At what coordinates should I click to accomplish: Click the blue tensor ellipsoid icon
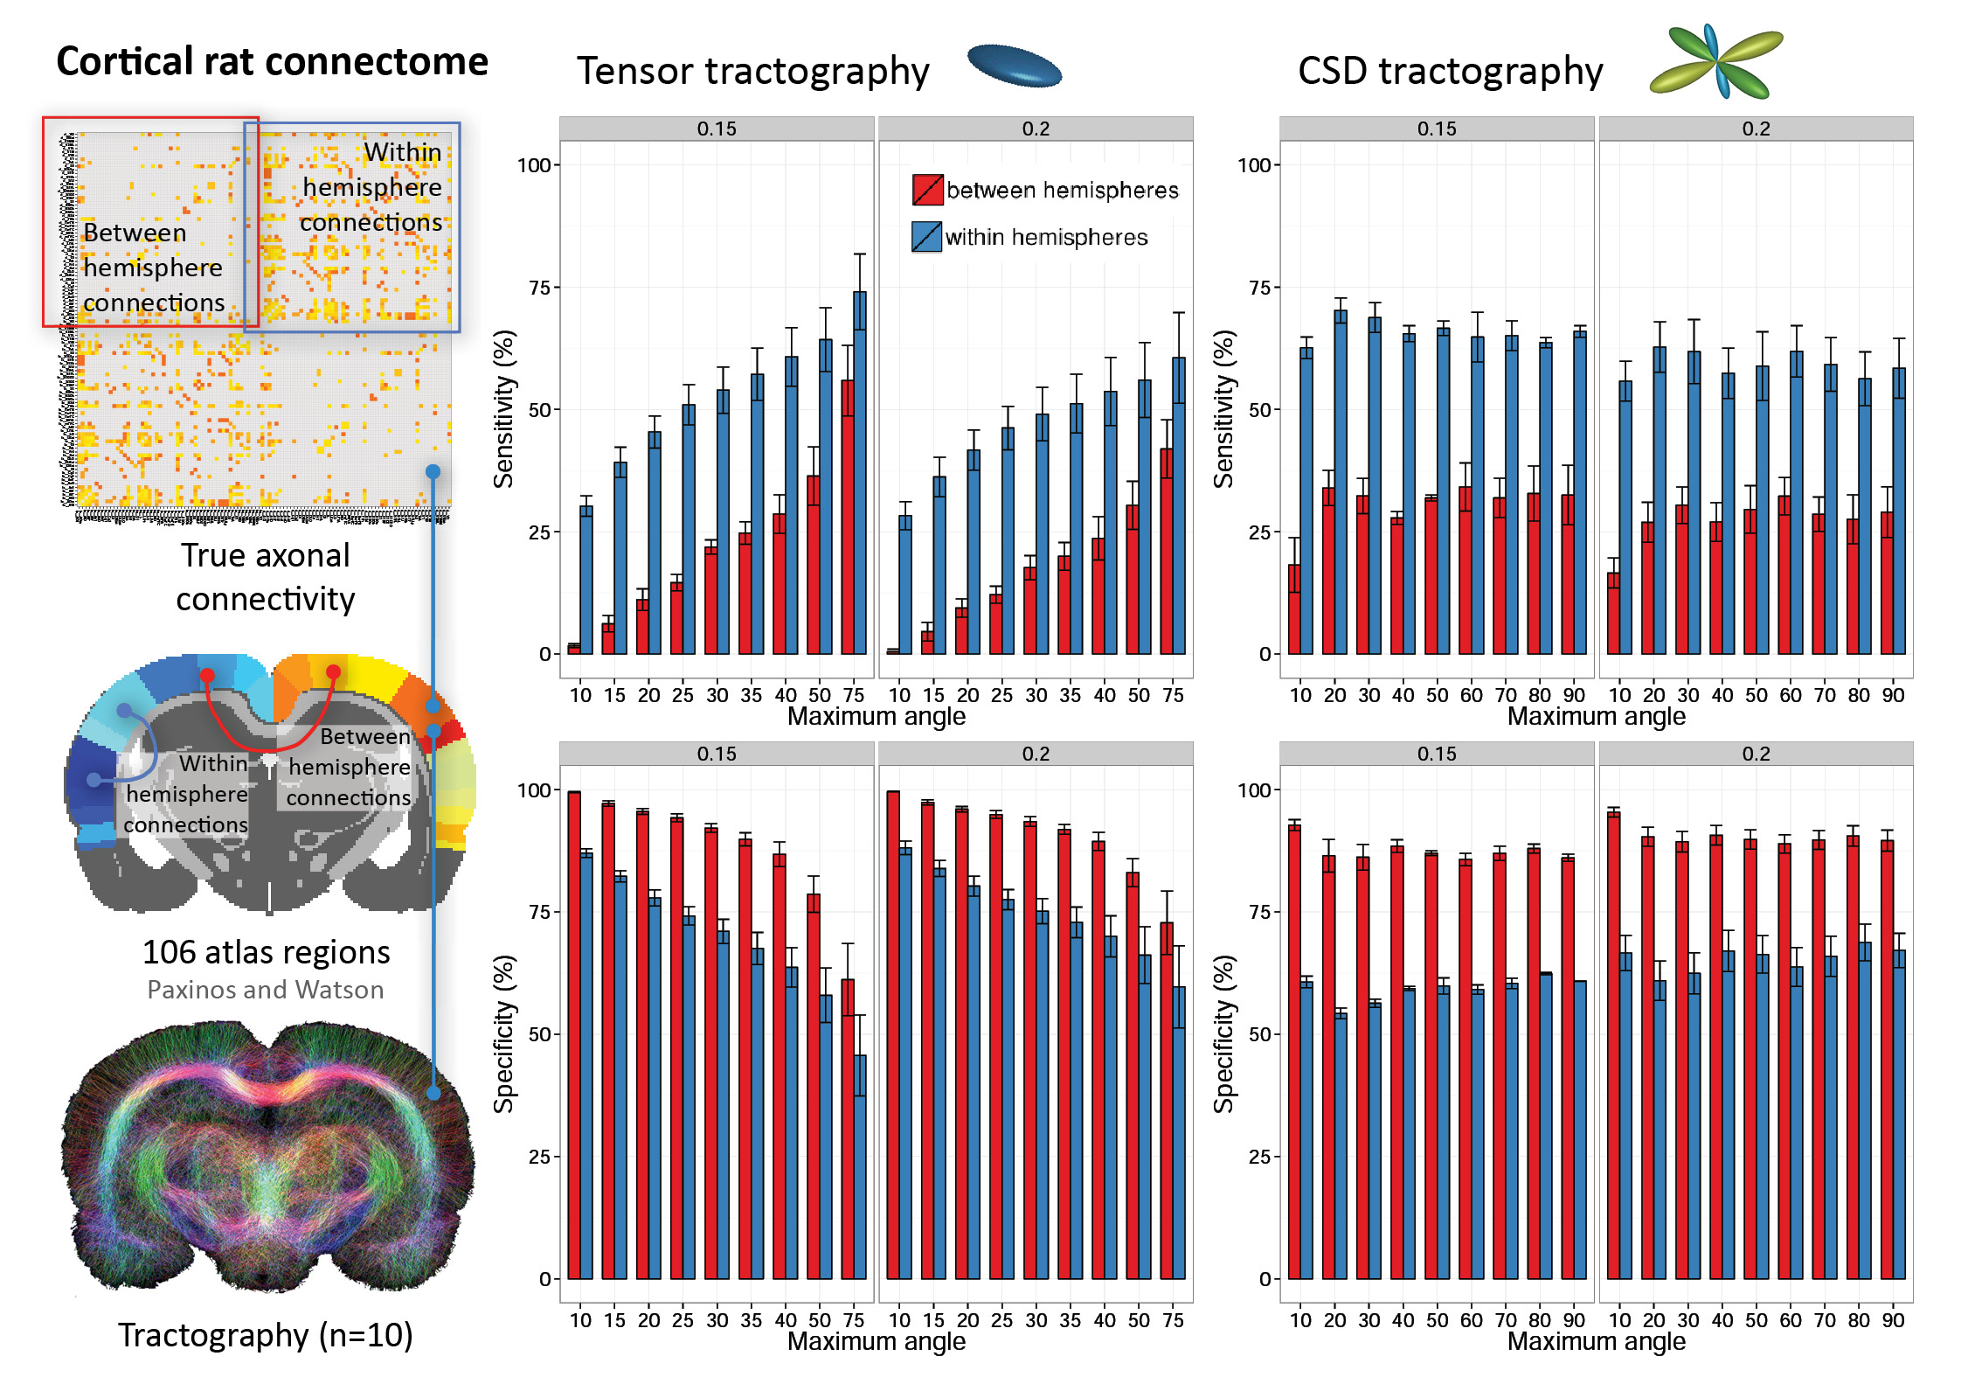(x=1015, y=66)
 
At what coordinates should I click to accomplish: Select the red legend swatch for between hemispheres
(x=927, y=190)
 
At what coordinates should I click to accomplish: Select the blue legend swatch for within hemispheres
(x=926, y=237)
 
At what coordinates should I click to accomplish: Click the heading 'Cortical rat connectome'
(x=272, y=62)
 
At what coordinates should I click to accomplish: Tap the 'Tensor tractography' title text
(x=752, y=71)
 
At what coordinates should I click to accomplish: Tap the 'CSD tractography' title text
(x=1450, y=71)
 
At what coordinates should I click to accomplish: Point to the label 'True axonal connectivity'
(x=266, y=577)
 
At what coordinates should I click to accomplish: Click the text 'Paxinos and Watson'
(x=266, y=990)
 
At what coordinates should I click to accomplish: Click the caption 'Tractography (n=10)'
(x=266, y=1335)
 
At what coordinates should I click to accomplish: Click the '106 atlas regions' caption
(x=266, y=952)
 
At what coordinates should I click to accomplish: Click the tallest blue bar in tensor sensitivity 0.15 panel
(x=860, y=472)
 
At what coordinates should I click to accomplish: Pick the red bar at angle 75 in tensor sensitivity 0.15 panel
(x=848, y=517)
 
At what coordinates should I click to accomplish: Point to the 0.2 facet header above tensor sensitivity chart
(x=1036, y=129)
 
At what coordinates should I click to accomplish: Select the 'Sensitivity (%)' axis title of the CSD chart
(x=1224, y=409)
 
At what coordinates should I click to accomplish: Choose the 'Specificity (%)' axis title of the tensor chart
(x=504, y=1033)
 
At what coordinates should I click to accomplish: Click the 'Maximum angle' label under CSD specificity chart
(x=1596, y=1341)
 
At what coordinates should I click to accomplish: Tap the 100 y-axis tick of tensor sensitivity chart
(x=534, y=165)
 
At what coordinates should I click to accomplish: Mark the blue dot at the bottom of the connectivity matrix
(x=433, y=472)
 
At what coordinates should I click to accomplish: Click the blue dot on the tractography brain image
(x=433, y=1092)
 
